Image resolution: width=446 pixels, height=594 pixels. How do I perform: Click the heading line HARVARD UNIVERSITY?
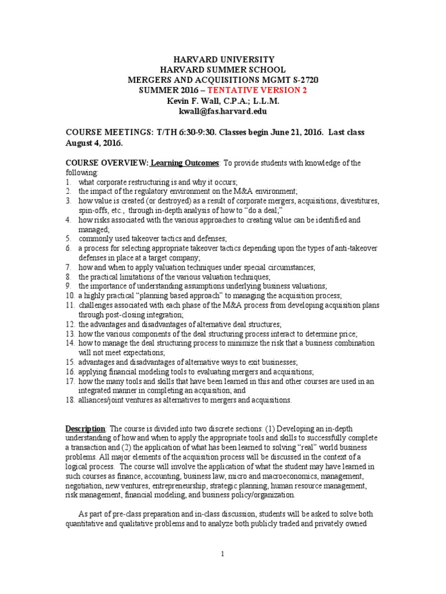click(x=222, y=60)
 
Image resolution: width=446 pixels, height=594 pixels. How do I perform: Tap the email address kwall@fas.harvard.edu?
click(x=222, y=110)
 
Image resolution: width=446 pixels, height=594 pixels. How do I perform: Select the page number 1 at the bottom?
click(x=222, y=555)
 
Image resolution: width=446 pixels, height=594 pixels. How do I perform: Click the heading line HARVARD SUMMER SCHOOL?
click(x=222, y=70)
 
